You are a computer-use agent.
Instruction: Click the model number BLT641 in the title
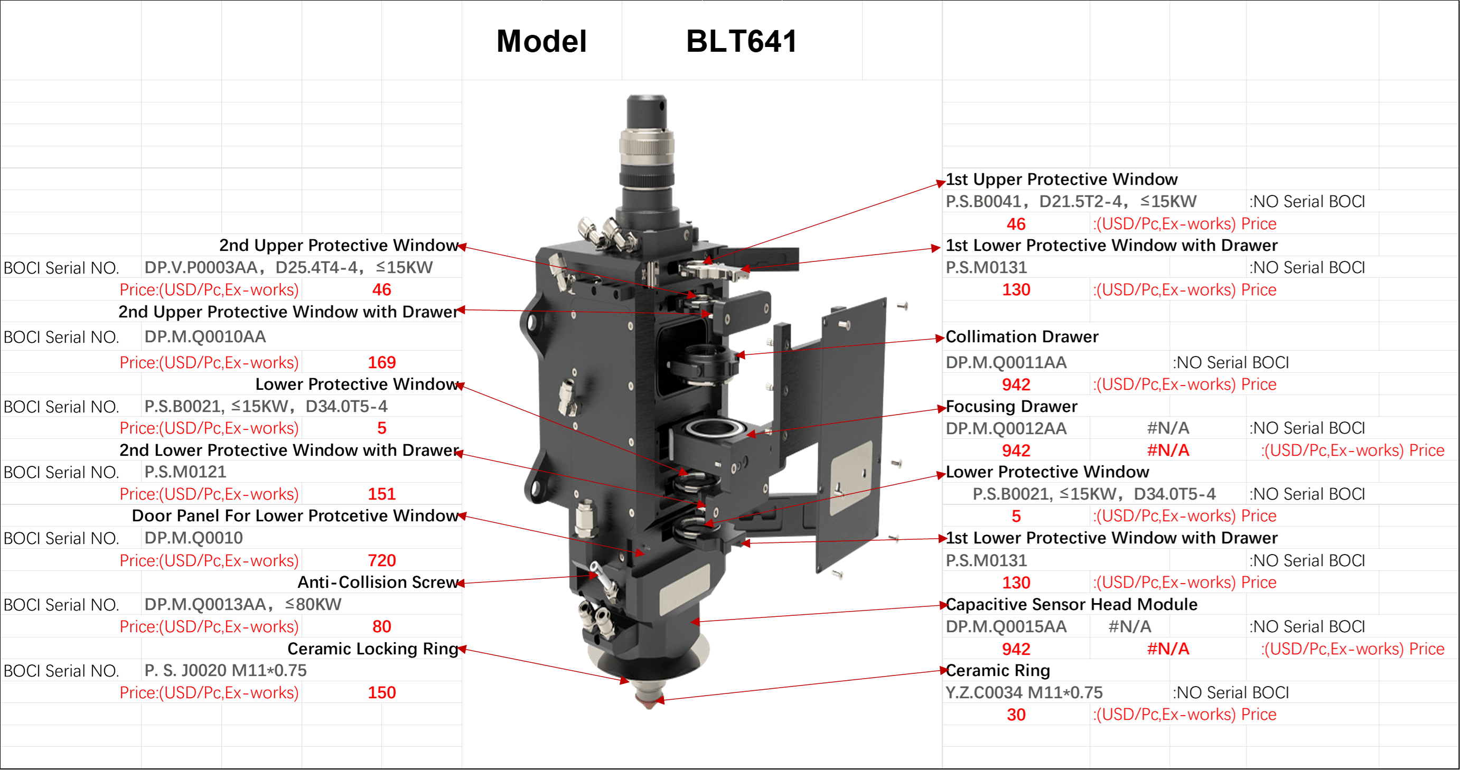click(741, 41)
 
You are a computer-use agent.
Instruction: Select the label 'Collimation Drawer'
click(1022, 336)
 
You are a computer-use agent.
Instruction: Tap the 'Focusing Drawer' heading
click(1012, 406)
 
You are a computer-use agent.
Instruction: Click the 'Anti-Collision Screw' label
click(378, 582)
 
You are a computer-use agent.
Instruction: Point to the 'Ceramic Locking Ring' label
click(373, 648)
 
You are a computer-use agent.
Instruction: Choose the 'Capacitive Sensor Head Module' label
click(1072, 604)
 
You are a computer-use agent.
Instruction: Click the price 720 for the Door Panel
click(381, 560)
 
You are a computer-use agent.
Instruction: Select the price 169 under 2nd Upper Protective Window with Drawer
click(381, 362)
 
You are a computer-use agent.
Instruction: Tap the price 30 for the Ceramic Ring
click(1016, 715)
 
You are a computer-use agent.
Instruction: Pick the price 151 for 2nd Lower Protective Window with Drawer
click(381, 494)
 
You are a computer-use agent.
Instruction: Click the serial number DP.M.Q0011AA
click(1006, 362)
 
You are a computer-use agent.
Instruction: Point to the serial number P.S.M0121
click(185, 472)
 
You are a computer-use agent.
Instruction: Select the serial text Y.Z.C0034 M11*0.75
click(1024, 692)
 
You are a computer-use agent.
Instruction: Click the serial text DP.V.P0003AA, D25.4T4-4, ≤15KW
click(288, 267)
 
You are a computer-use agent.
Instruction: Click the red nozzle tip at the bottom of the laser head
click(649, 702)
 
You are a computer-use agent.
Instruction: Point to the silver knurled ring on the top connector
click(647, 142)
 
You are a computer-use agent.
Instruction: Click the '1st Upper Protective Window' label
click(1062, 179)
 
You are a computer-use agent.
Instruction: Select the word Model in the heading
click(541, 41)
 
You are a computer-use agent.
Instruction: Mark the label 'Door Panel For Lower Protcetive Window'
click(295, 515)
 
